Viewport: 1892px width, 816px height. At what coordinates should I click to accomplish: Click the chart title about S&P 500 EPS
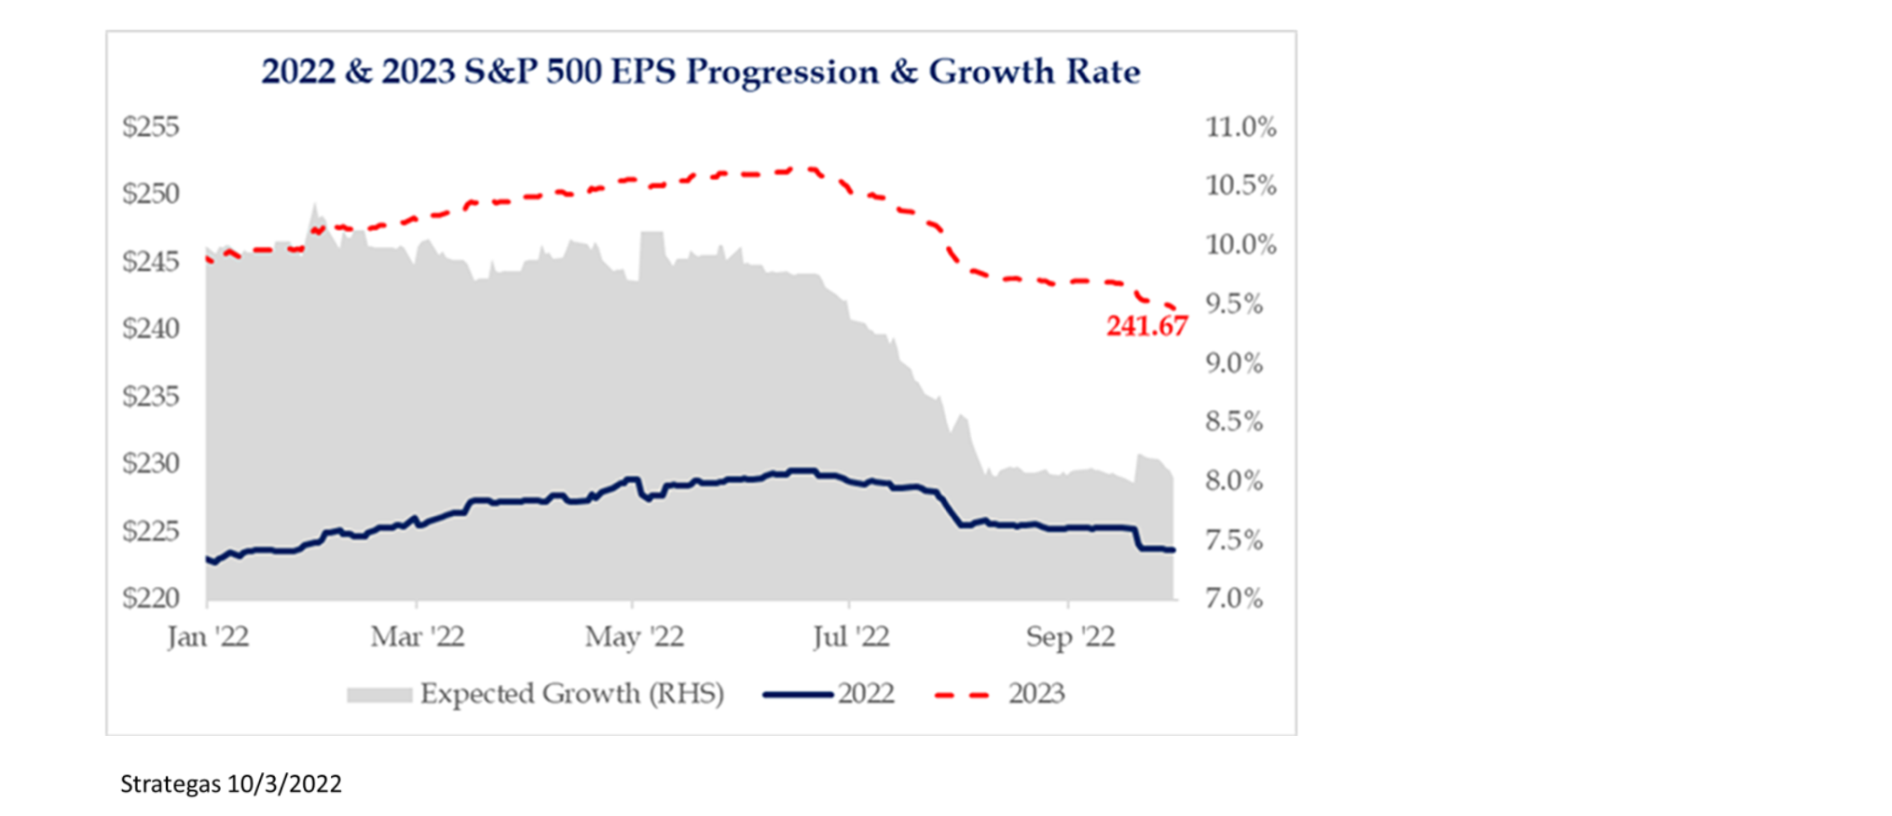click(700, 72)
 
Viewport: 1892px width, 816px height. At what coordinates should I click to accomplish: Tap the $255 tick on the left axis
click(151, 127)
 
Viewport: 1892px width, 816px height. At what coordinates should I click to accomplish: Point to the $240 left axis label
click(151, 329)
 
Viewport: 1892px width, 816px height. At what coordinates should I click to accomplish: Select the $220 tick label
click(151, 597)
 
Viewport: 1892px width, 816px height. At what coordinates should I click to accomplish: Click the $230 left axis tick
click(151, 463)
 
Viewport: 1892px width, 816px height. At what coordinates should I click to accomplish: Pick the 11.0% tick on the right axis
click(1241, 127)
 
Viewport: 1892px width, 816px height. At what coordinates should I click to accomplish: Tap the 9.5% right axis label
click(1234, 304)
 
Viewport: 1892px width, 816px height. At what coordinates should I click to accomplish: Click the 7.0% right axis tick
click(1234, 597)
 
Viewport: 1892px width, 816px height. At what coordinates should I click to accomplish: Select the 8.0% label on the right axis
click(1234, 481)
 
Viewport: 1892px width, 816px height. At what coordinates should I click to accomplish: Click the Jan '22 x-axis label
click(208, 637)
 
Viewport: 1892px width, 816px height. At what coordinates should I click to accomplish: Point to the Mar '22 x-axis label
click(418, 637)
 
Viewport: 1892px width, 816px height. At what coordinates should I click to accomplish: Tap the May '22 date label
click(634, 637)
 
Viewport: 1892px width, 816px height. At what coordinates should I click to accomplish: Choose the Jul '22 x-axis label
click(851, 637)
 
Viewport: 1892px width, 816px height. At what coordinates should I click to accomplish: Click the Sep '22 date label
click(1070, 637)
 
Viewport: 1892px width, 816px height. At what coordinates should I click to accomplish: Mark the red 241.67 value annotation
click(1146, 326)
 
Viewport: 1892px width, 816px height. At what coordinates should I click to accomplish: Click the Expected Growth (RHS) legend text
click(571, 694)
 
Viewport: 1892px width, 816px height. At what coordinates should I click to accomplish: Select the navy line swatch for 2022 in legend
click(797, 695)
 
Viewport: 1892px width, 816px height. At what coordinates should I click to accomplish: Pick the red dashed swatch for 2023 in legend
click(962, 695)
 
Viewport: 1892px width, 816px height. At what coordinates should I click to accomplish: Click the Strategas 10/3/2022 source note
click(231, 784)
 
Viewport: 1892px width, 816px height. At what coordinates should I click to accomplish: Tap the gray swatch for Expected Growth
click(378, 695)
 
